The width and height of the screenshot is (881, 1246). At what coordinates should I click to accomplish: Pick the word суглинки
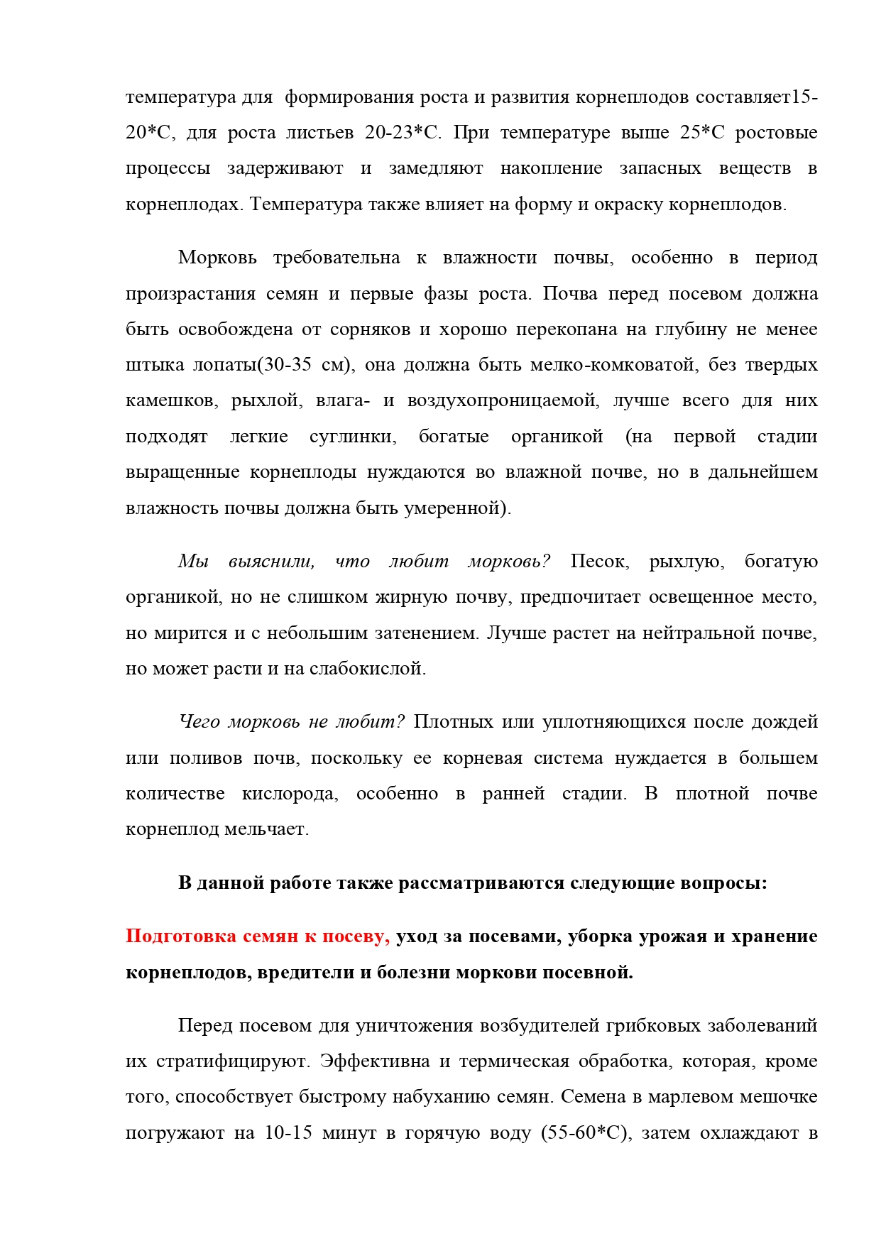coord(353,437)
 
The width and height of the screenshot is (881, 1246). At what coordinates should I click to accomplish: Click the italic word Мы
coord(193,562)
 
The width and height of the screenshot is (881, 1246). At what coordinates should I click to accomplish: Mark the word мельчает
coord(266,829)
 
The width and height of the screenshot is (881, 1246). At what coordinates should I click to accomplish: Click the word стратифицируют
coord(232,1061)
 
